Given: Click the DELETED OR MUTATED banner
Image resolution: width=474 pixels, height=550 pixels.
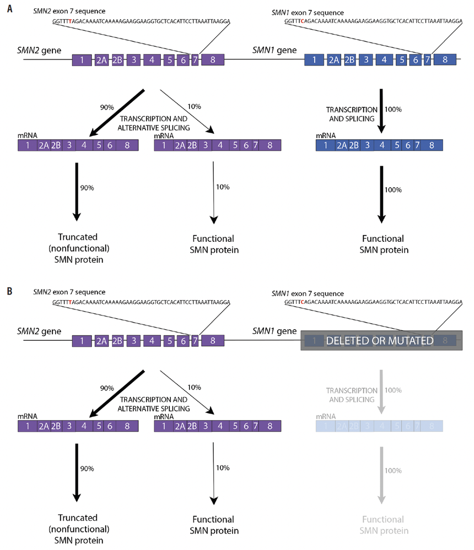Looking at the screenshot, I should coord(381,341).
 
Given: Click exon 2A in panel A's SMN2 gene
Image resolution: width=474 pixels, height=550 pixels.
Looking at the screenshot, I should coord(101,60).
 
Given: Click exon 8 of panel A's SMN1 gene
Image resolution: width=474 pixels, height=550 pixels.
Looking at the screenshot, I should coord(444,60).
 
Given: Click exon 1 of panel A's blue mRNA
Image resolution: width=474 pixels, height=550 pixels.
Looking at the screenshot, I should coord(325,145).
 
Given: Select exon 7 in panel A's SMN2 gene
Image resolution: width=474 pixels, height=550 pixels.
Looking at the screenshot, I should coord(194,60).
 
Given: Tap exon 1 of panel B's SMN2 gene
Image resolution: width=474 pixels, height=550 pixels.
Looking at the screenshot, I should coord(82,341).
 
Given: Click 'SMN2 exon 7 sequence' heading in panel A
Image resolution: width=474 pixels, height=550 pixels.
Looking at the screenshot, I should coord(69,11).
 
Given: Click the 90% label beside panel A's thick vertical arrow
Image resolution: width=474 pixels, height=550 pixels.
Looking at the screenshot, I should coord(87,187).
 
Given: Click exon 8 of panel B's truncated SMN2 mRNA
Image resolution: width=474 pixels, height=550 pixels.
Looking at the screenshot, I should coord(127,426).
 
